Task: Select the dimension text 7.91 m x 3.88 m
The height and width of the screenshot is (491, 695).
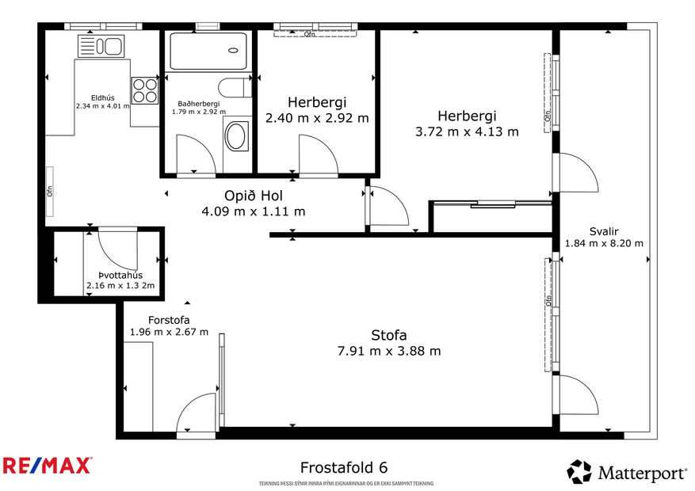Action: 389,351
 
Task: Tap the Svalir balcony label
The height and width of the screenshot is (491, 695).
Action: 603,231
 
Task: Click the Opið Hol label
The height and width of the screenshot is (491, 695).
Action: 254,196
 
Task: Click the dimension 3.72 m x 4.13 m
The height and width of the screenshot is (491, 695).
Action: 467,131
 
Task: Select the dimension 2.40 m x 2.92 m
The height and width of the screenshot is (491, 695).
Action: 317,118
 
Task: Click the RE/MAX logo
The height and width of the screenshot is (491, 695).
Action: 48,466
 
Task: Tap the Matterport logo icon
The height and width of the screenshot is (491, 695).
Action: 579,472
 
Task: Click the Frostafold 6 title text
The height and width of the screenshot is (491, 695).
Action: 344,467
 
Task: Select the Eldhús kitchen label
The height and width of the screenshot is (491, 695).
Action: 101,97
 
